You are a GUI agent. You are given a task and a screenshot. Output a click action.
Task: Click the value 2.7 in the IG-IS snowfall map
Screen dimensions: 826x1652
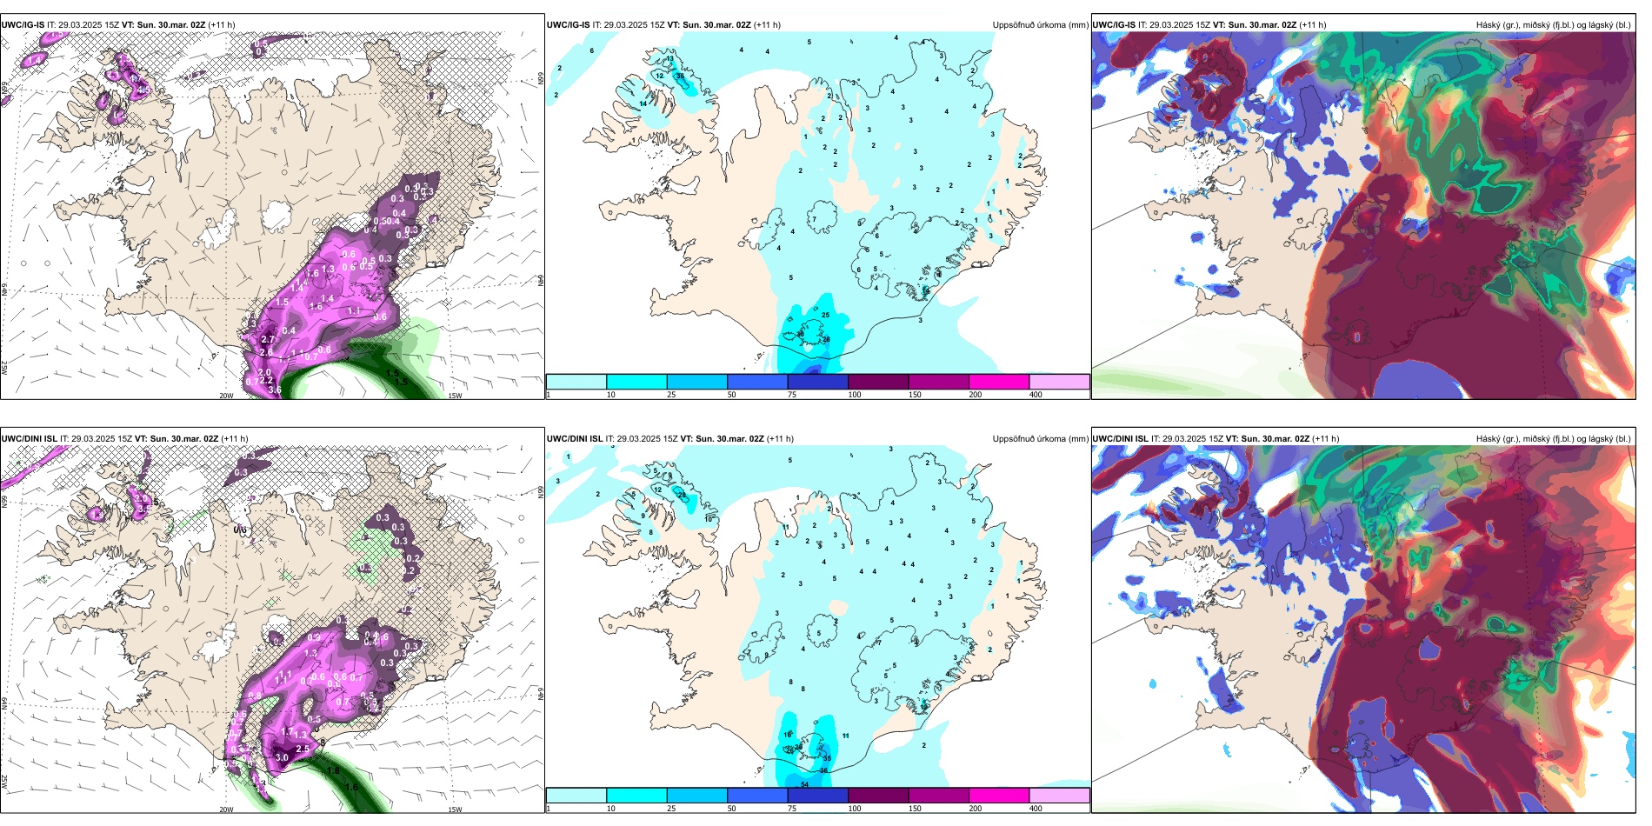(x=268, y=340)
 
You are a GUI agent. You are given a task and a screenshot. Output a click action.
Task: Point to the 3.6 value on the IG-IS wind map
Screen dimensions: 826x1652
(x=275, y=390)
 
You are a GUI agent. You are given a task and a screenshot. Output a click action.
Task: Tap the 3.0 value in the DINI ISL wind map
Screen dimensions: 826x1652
(x=282, y=757)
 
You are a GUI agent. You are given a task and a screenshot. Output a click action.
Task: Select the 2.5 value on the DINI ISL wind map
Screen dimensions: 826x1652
(x=303, y=749)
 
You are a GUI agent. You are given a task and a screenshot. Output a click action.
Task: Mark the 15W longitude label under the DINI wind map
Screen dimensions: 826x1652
(x=455, y=809)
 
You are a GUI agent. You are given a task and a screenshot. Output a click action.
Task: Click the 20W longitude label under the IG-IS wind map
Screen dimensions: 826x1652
(x=226, y=396)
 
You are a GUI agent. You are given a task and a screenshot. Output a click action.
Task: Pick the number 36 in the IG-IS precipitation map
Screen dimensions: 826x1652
(x=680, y=77)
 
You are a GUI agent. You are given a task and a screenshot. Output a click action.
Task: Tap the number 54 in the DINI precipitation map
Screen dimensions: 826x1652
(x=805, y=785)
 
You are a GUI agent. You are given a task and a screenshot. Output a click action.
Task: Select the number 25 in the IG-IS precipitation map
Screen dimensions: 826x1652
(x=825, y=315)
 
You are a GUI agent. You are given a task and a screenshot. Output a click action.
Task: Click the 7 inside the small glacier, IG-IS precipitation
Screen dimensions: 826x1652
(x=815, y=219)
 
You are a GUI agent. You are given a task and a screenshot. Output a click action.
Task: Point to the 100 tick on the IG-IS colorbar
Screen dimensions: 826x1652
(x=855, y=395)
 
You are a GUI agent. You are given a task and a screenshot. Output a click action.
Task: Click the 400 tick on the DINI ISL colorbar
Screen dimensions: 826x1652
(x=1036, y=809)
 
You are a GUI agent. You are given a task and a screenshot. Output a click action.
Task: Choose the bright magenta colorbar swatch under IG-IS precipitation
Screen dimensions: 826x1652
(x=998, y=382)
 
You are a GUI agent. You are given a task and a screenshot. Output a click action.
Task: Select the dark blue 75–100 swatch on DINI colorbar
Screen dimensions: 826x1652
(x=817, y=796)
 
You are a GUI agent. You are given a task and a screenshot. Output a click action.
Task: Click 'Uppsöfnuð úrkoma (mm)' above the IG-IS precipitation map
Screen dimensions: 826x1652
(x=1040, y=25)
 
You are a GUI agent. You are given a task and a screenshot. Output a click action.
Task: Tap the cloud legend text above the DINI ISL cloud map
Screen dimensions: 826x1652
(x=1553, y=439)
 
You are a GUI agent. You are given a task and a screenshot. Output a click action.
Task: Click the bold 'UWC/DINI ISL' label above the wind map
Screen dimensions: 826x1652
(x=29, y=439)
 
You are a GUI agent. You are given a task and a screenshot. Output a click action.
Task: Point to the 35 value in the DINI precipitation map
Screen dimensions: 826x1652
(x=827, y=758)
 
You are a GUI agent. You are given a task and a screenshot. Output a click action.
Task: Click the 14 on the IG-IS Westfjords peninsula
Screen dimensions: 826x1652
(x=643, y=104)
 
